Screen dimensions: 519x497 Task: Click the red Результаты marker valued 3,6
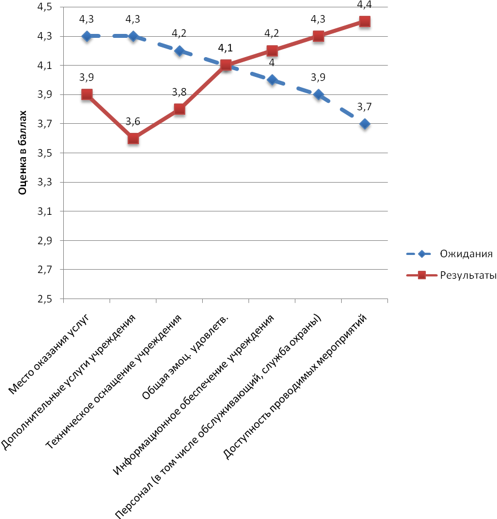(133, 139)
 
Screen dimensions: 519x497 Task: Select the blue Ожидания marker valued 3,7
(365, 124)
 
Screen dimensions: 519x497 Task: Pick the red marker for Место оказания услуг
(87, 94)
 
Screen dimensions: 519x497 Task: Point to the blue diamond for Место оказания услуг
(87, 36)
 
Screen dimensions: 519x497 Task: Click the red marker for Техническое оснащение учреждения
(180, 109)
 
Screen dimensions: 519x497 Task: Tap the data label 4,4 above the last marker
(365, 5)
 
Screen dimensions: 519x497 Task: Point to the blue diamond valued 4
(272, 80)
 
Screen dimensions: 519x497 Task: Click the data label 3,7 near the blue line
(365, 107)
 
